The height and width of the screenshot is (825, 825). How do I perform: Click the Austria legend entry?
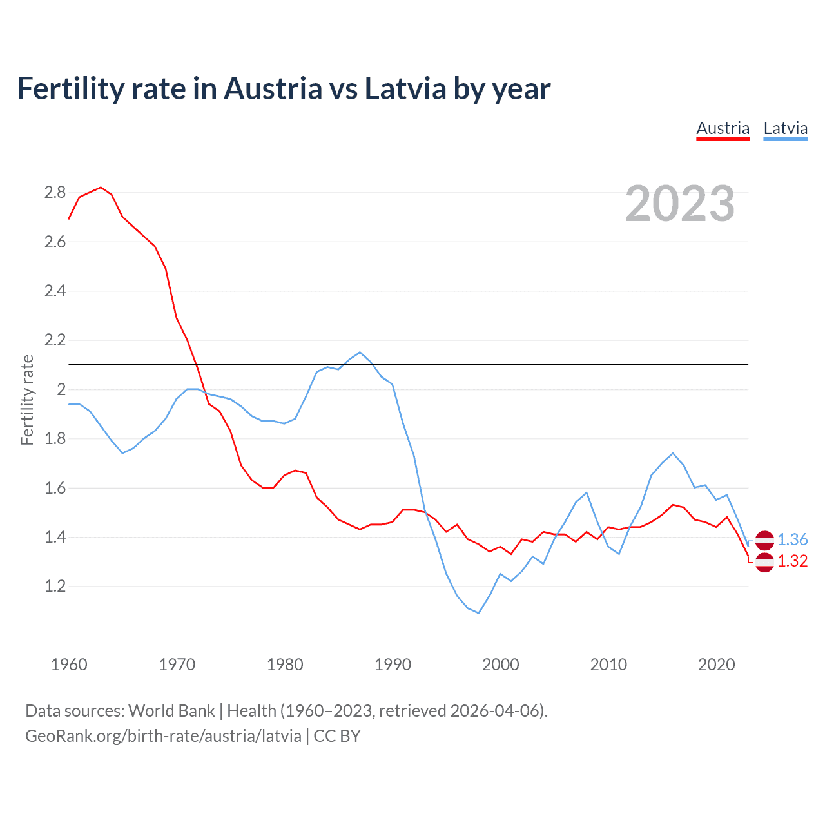click(x=723, y=128)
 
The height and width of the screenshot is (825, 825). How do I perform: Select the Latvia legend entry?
click(x=785, y=128)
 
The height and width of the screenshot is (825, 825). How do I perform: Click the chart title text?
click(x=284, y=88)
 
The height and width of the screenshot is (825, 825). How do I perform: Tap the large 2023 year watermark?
click(x=679, y=204)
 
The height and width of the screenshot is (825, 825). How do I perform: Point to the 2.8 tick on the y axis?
click(x=55, y=192)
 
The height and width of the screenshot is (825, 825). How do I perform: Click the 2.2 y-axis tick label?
click(x=55, y=340)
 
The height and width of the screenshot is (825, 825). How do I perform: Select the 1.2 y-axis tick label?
click(x=55, y=586)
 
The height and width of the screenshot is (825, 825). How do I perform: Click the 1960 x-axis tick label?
click(x=69, y=664)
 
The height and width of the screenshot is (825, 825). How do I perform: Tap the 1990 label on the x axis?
click(x=393, y=664)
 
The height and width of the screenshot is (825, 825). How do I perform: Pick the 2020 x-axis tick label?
click(x=716, y=664)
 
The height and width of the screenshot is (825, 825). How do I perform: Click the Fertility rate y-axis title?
click(x=27, y=400)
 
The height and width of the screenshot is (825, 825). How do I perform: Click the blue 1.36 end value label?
click(x=792, y=539)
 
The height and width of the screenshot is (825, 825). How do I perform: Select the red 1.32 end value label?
click(x=792, y=561)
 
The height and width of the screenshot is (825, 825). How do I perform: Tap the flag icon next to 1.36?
click(x=764, y=540)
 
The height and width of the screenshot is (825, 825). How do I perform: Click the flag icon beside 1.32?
click(x=764, y=562)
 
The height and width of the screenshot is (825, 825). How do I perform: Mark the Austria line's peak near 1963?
click(x=101, y=188)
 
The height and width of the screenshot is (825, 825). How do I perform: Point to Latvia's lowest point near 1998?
click(x=478, y=612)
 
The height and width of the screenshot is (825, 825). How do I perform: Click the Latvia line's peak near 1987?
click(x=360, y=353)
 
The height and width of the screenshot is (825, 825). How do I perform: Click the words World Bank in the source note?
click(x=171, y=710)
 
